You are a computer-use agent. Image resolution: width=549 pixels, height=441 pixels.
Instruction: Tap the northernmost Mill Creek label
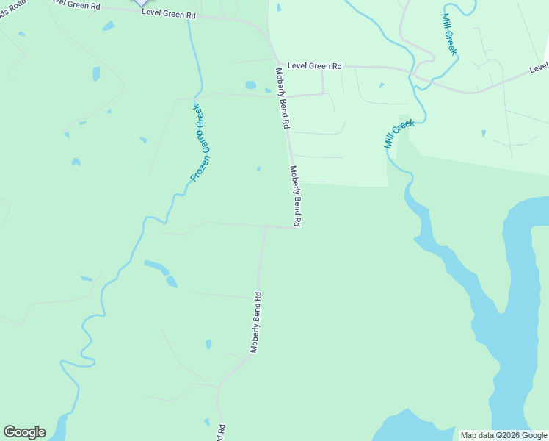449,34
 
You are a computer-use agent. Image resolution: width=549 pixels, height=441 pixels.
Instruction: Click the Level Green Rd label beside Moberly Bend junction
314,65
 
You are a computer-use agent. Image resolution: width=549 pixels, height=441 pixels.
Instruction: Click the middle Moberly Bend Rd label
296,196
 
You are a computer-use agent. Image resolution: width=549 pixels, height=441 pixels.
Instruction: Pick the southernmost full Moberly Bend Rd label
255,322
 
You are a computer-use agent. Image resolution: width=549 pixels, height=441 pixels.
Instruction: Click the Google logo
24,432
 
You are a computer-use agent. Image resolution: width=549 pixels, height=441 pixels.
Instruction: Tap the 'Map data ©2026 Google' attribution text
503,435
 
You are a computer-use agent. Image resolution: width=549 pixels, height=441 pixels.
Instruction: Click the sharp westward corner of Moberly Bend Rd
266,227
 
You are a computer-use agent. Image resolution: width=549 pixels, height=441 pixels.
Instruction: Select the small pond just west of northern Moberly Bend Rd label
251,85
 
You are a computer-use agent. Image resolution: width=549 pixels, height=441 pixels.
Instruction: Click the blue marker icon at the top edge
140,3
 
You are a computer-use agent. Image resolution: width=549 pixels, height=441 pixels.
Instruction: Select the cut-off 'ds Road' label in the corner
12,5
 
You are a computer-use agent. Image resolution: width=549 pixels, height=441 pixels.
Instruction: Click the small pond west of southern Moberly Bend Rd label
208,344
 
